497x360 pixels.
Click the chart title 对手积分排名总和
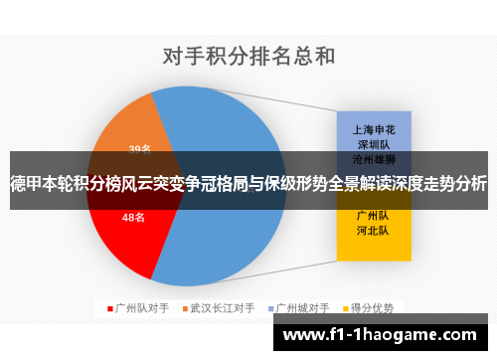248,55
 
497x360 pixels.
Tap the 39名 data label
140,149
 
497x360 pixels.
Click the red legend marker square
111,307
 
